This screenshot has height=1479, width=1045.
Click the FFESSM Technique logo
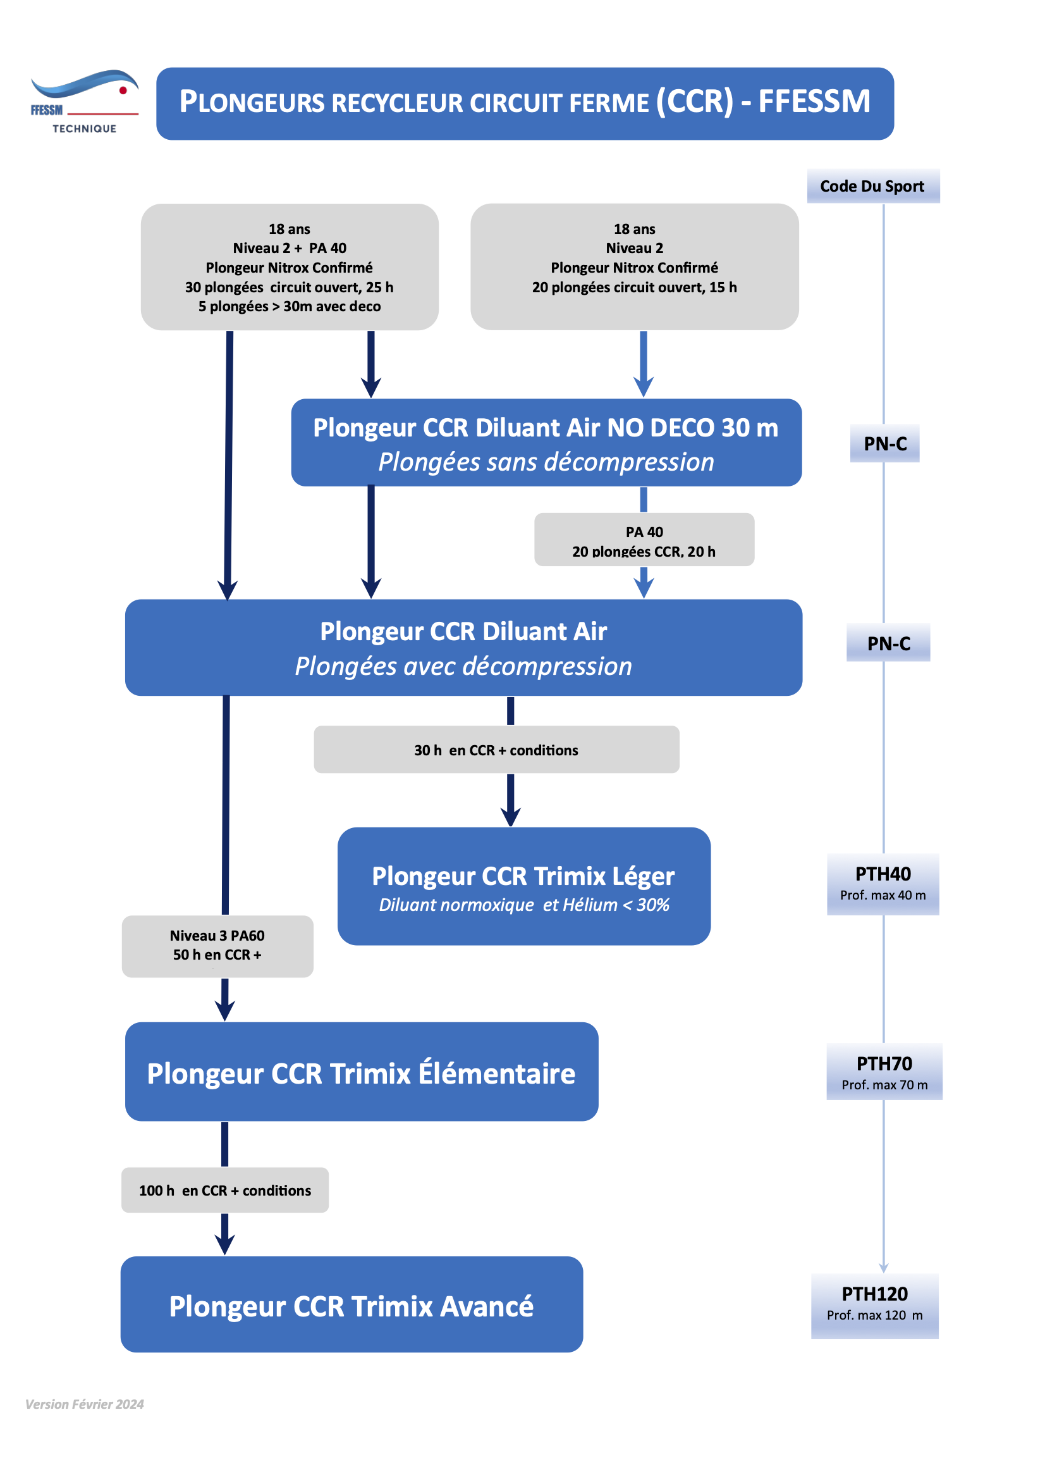(84, 101)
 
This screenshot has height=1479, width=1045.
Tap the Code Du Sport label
(872, 186)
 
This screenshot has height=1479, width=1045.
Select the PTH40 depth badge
(883, 884)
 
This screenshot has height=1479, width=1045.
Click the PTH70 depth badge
(884, 1071)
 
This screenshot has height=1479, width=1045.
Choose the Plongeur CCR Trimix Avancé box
(351, 1304)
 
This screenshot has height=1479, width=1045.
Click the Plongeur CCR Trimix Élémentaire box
(361, 1071)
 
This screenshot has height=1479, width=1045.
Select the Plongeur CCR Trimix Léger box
(523, 886)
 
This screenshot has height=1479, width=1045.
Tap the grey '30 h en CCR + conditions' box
(496, 749)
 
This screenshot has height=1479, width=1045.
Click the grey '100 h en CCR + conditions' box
(224, 1190)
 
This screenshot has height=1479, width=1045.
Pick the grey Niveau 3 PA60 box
(217, 946)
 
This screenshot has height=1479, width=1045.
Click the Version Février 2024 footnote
(84, 1404)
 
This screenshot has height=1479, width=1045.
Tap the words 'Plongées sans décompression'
(546, 462)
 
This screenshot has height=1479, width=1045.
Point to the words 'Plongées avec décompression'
(463, 666)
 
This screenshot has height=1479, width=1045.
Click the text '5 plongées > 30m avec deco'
(289, 307)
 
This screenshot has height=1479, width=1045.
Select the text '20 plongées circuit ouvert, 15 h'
(634, 287)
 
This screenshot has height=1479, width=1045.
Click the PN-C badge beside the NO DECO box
(884, 443)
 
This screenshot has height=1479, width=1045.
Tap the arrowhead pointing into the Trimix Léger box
(511, 817)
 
